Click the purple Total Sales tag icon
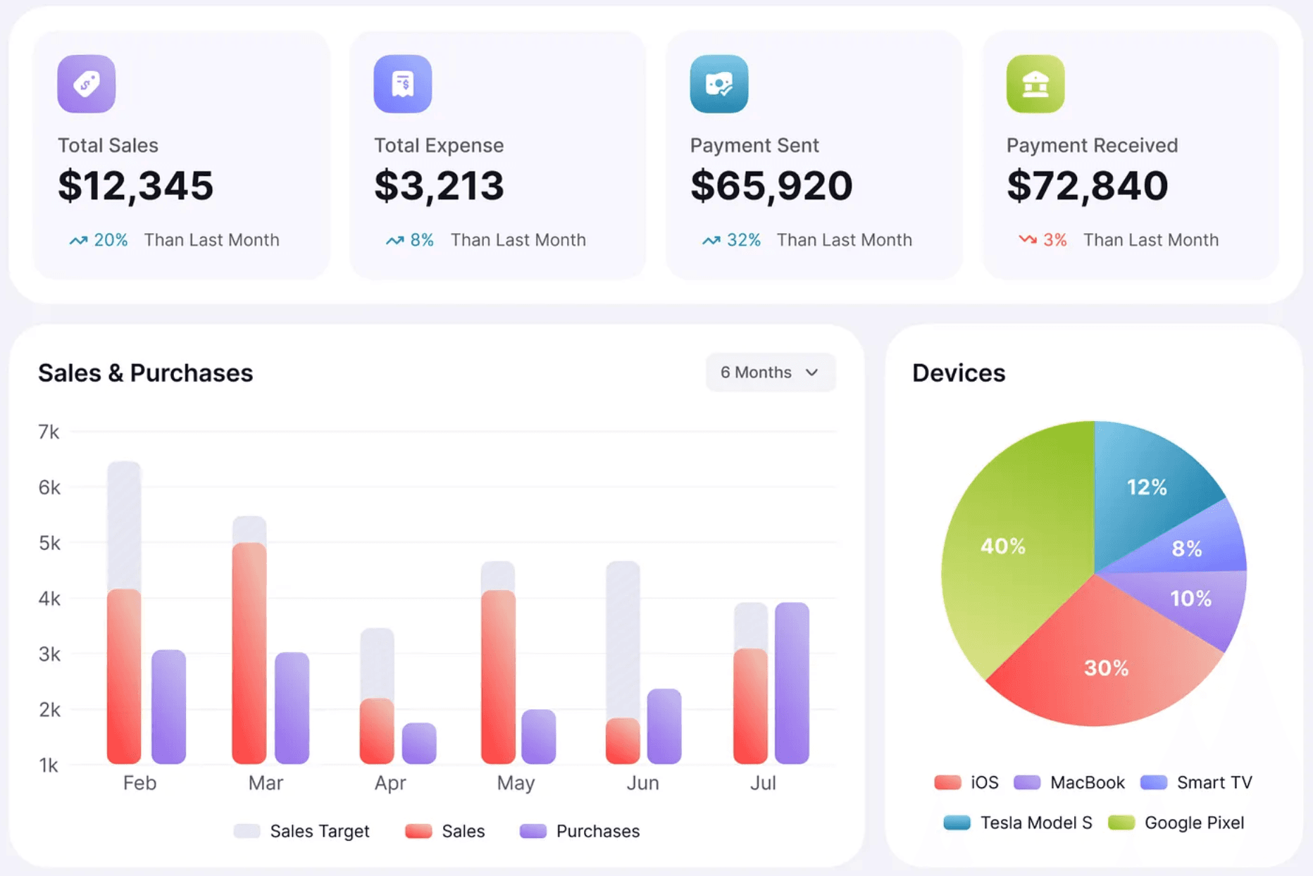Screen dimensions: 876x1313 [86, 84]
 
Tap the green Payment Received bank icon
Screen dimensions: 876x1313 [1035, 84]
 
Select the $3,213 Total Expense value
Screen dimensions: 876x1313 [439, 185]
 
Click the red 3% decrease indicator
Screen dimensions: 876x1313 [1043, 240]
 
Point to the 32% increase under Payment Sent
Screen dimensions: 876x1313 [732, 240]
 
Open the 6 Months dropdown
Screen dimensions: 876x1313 [770, 373]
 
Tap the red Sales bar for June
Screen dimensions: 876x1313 [623, 741]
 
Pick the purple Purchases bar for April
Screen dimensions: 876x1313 [419, 743]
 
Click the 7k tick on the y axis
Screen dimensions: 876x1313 [49, 432]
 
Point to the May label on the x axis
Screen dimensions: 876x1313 [516, 783]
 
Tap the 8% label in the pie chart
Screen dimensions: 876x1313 [1187, 549]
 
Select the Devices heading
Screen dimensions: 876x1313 [958, 373]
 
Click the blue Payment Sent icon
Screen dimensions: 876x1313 [718, 84]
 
